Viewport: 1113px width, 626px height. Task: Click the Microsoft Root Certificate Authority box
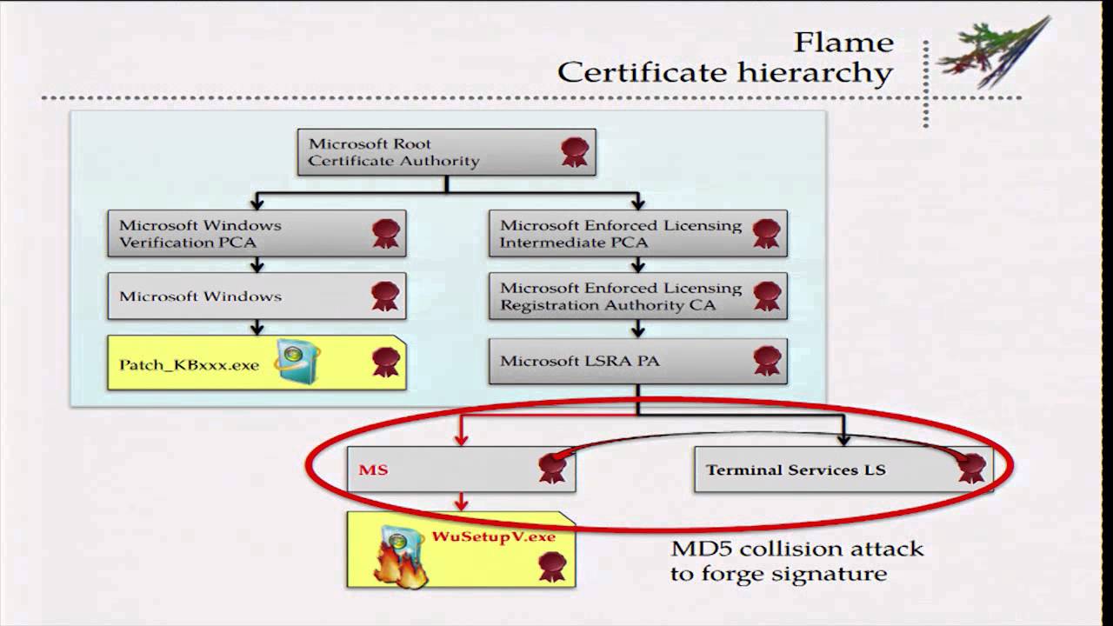point(446,152)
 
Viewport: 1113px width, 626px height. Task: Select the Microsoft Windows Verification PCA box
point(257,233)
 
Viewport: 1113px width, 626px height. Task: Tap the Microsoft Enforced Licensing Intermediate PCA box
point(637,233)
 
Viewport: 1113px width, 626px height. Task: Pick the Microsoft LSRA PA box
point(637,361)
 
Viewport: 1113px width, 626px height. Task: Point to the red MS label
point(373,469)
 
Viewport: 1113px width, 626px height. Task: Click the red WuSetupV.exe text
point(493,536)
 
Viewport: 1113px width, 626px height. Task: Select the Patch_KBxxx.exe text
point(189,364)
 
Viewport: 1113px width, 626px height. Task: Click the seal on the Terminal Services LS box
point(971,468)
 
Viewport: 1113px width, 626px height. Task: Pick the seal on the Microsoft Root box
point(575,152)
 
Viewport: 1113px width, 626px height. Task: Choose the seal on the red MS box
point(552,468)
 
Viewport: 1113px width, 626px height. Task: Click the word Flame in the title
point(843,42)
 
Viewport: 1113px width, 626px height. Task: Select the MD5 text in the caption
point(701,549)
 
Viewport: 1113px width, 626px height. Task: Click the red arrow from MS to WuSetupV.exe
point(462,502)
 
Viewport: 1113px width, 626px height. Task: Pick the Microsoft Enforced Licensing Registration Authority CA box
point(637,296)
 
